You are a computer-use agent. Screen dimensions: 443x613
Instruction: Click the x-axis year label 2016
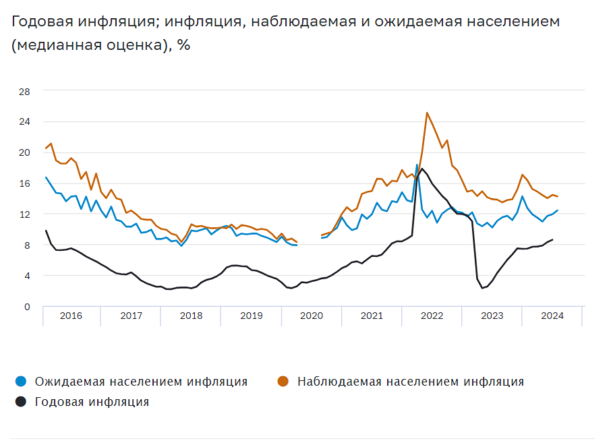tap(71, 316)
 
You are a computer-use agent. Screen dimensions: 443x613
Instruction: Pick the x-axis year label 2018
tap(192, 316)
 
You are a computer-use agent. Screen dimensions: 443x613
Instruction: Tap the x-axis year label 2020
tap(312, 316)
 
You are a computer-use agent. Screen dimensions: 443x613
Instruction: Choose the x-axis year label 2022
tap(432, 316)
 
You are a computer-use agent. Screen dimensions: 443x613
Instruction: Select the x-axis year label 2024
tap(552, 316)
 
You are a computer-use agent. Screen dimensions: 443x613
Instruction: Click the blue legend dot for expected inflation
tap(20, 382)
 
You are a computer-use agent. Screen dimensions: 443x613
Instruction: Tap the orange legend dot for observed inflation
tap(283, 382)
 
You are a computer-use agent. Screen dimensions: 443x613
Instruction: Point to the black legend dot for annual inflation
tap(20, 402)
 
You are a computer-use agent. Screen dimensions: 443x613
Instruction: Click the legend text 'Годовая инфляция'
tap(92, 402)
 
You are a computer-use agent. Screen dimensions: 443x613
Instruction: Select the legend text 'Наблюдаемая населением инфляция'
tap(410, 382)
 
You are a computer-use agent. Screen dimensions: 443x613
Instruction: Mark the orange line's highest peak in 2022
tap(427, 113)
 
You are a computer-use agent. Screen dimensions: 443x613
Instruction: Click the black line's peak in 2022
tap(422, 169)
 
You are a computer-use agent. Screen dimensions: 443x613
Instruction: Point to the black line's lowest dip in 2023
tap(482, 288)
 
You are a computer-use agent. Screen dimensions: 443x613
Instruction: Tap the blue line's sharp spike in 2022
tap(417, 165)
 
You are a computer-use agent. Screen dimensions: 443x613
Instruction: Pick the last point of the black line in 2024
tap(552, 239)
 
